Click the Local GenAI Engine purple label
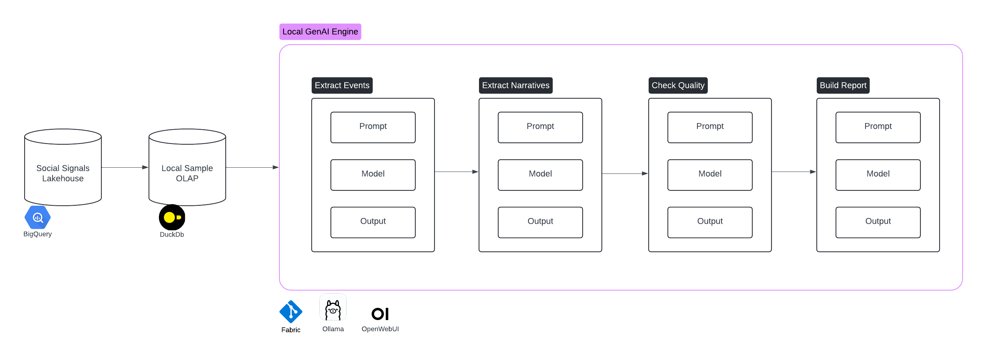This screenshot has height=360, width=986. point(320,32)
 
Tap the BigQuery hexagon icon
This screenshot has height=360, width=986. point(38,218)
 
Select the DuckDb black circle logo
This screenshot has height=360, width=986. point(172,218)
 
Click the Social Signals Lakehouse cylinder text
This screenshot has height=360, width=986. point(63,173)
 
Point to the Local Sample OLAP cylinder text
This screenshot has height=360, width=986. point(187,173)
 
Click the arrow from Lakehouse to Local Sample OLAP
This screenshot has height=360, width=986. point(125,167)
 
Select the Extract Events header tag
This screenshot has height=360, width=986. point(342,85)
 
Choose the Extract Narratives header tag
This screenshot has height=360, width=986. point(515,85)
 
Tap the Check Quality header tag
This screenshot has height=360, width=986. point(678,85)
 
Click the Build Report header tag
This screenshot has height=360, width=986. point(843,85)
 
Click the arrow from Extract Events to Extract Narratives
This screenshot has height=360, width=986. point(456,172)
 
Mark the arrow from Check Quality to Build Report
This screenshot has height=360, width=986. point(794,172)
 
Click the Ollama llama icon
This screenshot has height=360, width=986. point(333,307)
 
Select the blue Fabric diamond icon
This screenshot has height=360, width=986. point(291,312)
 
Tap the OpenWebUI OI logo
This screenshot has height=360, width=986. point(380,314)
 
